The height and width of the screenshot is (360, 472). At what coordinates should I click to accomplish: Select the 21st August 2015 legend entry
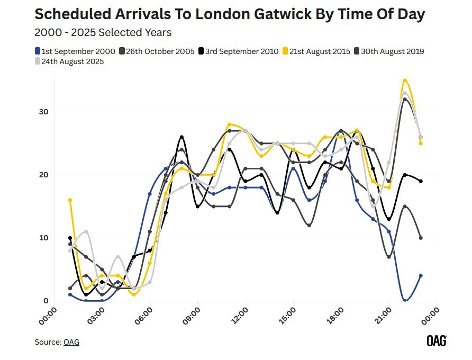(x=317, y=51)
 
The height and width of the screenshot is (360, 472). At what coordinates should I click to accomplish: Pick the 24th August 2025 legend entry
(x=69, y=61)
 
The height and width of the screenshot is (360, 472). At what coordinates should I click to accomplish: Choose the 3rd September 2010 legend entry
(x=239, y=51)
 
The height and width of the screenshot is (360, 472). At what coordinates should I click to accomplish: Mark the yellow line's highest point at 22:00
(x=405, y=80)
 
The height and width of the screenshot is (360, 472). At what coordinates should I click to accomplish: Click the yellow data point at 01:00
(x=70, y=200)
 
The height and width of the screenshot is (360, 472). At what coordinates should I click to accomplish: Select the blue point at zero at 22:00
(x=405, y=301)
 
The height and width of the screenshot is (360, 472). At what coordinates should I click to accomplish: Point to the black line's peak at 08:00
(x=181, y=137)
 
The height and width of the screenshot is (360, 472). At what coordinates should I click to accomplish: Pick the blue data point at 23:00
(x=421, y=276)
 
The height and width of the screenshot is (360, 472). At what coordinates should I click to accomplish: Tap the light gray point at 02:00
(x=86, y=231)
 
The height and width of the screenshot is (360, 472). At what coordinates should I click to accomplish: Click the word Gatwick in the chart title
(x=267, y=15)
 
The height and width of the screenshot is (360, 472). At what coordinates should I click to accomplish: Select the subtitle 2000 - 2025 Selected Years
(x=103, y=33)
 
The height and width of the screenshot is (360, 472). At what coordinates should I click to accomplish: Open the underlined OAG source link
(x=71, y=342)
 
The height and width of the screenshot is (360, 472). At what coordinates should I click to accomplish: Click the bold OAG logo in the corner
(x=437, y=341)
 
